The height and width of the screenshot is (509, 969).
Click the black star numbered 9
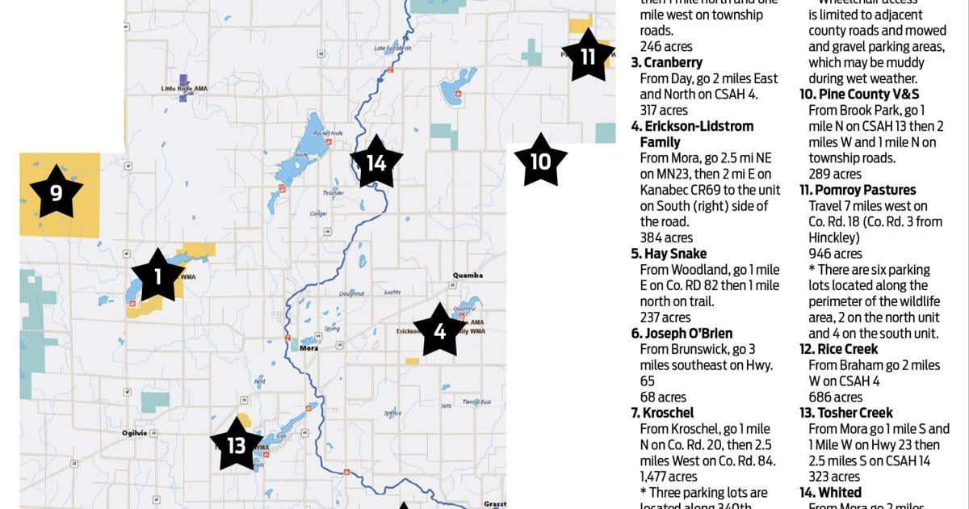click(57, 192)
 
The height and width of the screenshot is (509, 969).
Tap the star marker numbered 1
click(157, 276)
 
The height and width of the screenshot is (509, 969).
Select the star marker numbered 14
click(376, 162)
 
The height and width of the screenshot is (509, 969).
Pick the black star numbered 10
click(539, 161)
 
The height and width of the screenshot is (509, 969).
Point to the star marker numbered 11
click(588, 56)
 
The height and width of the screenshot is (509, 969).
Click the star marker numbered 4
click(440, 330)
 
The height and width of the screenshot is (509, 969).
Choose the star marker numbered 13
click(237, 444)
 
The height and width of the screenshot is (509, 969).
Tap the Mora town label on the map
click(308, 348)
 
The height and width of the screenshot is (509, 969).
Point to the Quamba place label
click(468, 276)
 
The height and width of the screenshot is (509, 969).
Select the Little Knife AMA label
click(179, 89)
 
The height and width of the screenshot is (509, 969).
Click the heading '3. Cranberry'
click(667, 63)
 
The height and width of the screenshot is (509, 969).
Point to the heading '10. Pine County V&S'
click(859, 95)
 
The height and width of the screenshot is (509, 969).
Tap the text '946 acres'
click(835, 254)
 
